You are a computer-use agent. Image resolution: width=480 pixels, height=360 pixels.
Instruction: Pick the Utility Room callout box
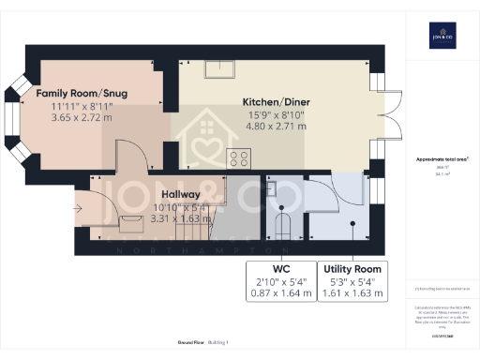352,280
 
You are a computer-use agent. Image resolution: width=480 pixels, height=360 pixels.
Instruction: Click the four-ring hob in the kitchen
238,158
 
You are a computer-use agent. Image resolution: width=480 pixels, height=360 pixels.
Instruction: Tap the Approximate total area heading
442,159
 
